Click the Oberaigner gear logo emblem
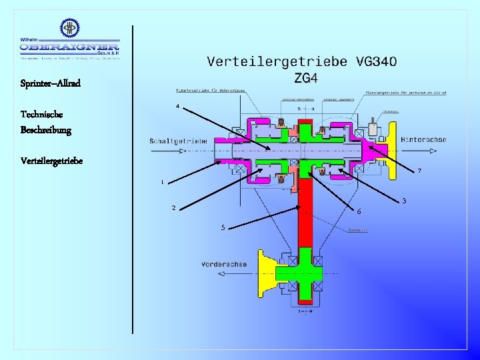pos(69,27)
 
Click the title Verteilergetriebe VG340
pos(302,62)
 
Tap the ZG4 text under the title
pos(305,79)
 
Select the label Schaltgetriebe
pos(179,141)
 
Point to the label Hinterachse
pos(423,139)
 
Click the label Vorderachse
pos(224,264)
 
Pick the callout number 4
pos(177,106)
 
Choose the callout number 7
pos(419,171)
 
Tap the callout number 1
pos(162,182)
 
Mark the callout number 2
pos(173,208)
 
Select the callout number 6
pos(359,211)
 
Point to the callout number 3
pos(404,201)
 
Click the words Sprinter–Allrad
pos(51,83)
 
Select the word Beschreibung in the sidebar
pos(46,129)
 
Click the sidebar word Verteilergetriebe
pos(52,161)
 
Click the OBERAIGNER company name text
pos(69,47)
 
